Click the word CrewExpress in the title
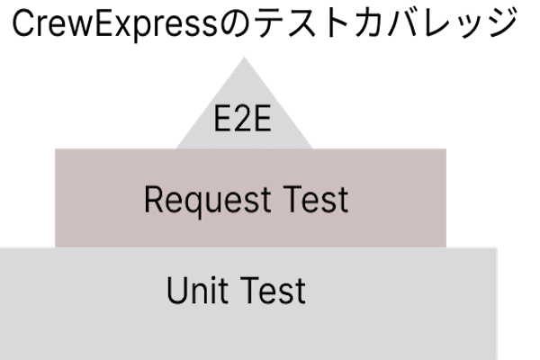point(115,24)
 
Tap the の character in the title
point(234,23)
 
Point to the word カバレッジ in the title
point(436,22)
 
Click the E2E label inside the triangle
point(242,119)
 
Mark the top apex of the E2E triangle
point(244,58)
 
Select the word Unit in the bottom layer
point(197,290)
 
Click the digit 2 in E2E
point(242,119)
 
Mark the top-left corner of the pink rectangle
point(55,149)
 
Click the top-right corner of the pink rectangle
point(446,149)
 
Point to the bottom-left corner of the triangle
point(176,148)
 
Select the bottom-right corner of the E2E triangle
point(312,148)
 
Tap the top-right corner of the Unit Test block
point(497,247)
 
